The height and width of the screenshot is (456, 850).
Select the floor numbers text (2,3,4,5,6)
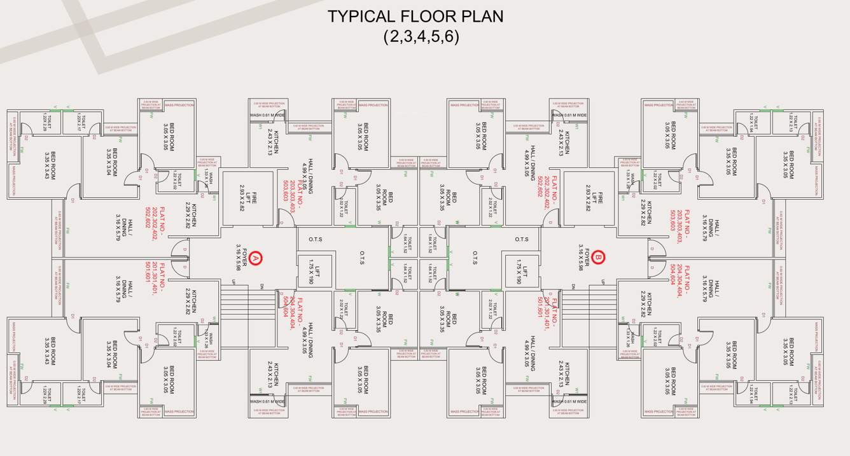(x=421, y=36)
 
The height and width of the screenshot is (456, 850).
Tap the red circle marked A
(x=255, y=258)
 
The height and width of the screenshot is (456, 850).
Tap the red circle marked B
(x=599, y=258)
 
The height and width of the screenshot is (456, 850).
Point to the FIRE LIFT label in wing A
(x=247, y=199)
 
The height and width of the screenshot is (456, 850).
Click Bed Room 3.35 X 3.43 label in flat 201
(x=50, y=351)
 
